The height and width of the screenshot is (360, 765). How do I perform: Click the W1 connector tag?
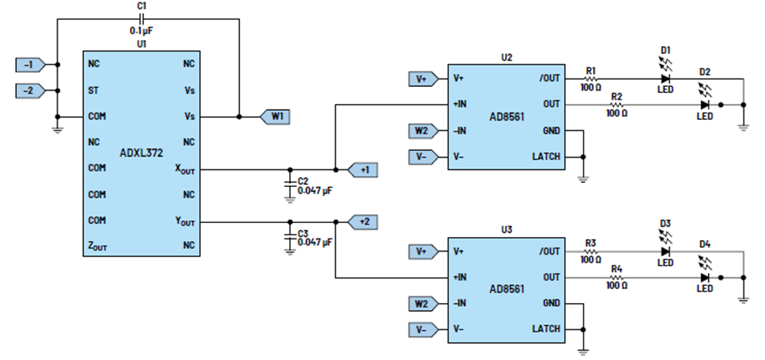[x=274, y=117]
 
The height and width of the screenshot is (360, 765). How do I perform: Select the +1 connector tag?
[x=362, y=170]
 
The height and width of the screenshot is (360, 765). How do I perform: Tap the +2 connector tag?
[x=362, y=222]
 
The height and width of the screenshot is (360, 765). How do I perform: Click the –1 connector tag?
[x=31, y=65]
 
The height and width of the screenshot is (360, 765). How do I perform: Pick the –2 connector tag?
[x=31, y=91]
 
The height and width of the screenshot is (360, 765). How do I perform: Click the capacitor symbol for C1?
[x=142, y=19]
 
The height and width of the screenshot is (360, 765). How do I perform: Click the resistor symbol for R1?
[x=590, y=78]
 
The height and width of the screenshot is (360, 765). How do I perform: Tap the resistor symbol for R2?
[x=616, y=105]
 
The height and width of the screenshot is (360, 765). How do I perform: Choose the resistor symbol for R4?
[x=616, y=278]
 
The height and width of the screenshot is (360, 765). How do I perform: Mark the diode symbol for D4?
[x=704, y=278]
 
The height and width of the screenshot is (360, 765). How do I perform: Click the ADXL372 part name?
[x=141, y=153]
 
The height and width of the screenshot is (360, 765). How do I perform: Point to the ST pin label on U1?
[x=94, y=91]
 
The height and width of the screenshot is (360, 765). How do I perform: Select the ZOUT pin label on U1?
[x=98, y=248]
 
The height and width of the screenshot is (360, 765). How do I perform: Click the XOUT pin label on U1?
[x=185, y=168]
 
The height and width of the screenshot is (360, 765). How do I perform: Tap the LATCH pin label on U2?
[x=546, y=157]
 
